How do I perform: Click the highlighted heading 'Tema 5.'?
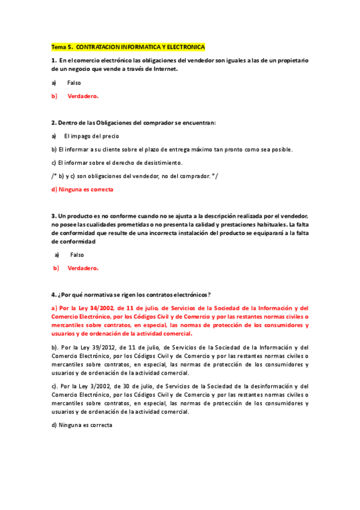click(62, 47)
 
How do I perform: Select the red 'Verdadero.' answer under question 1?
click(83, 96)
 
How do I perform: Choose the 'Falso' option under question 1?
click(74, 83)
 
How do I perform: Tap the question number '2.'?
click(53, 123)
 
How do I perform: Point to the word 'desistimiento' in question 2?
click(162, 162)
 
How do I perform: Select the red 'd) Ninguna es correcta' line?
click(82, 189)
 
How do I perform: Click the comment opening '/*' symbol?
click(54, 176)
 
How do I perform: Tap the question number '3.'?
click(53, 216)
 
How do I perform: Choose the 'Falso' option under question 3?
click(77, 255)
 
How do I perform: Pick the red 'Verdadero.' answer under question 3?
click(83, 268)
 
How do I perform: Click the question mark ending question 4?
click(209, 295)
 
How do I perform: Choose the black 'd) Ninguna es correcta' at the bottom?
click(82, 425)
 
